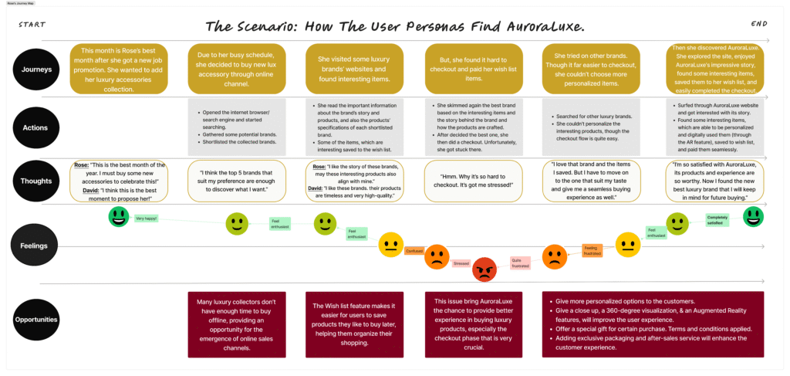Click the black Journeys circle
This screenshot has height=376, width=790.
(x=35, y=70)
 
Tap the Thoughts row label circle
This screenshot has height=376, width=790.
(x=35, y=181)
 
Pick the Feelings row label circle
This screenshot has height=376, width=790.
(x=35, y=246)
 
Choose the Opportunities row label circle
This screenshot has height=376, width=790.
(x=35, y=319)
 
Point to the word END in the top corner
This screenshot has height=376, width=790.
(x=758, y=24)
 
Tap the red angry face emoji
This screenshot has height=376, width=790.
(x=484, y=269)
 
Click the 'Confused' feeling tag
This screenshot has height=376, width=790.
(x=414, y=250)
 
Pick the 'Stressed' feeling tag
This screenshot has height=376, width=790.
(x=461, y=263)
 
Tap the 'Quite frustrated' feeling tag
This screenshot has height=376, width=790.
(x=520, y=263)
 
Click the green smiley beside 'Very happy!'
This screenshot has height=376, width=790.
(x=118, y=217)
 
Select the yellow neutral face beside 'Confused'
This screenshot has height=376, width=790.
(x=390, y=245)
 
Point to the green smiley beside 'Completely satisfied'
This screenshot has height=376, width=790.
(x=753, y=217)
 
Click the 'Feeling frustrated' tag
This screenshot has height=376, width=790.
(x=591, y=250)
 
